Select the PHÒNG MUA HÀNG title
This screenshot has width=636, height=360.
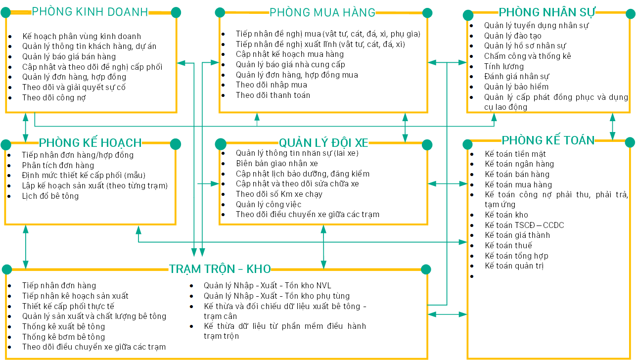pos(322,12)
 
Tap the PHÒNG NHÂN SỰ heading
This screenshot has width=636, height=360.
pos(547,12)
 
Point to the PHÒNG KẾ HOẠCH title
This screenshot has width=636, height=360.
pos(90,143)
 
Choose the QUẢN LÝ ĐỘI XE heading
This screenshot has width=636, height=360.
pos(323,143)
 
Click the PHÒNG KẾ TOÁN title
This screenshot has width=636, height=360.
pos(548,140)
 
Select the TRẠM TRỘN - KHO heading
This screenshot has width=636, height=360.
pos(220,269)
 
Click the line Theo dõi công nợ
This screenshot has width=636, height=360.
pos(54,97)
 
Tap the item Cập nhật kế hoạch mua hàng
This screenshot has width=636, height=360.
pos(289,54)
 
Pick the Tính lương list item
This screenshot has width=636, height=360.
pos(503,66)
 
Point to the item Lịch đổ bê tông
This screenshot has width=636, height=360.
pos(50,196)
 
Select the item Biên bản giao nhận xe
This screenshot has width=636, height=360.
pos(276,164)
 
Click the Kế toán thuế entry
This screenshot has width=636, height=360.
pos(508,245)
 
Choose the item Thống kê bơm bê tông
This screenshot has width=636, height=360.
pos(63,337)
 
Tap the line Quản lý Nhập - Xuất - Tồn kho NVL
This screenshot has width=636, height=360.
pos(267,285)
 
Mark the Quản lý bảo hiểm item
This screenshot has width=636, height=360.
pos(516,87)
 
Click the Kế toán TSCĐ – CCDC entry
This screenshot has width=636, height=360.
pos(524,225)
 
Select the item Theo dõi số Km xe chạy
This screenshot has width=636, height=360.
pos(279,194)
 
